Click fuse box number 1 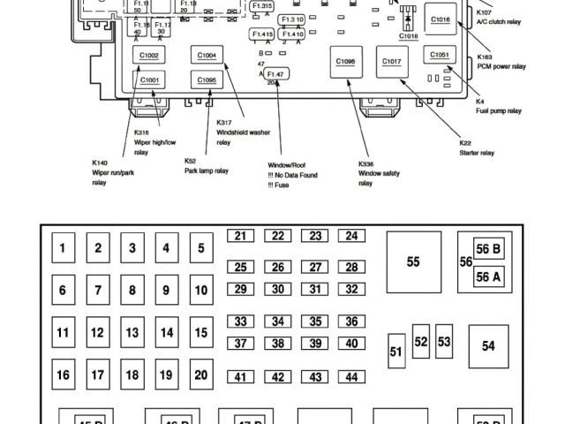(x=63, y=248)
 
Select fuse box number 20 (x=200, y=374)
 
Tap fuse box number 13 (x=132, y=333)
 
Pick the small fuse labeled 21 (x=240, y=236)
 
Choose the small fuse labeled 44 (x=351, y=377)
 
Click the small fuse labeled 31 (x=314, y=289)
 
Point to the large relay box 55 (x=413, y=261)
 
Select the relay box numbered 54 (x=488, y=346)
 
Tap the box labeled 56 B (x=488, y=250)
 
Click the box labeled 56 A (x=488, y=276)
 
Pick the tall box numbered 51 (x=395, y=352)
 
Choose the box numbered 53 (x=444, y=341)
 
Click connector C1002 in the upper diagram (x=149, y=56)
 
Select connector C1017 (x=391, y=62)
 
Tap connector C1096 (x=345, y=62)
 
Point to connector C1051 (x=440, y=55)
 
